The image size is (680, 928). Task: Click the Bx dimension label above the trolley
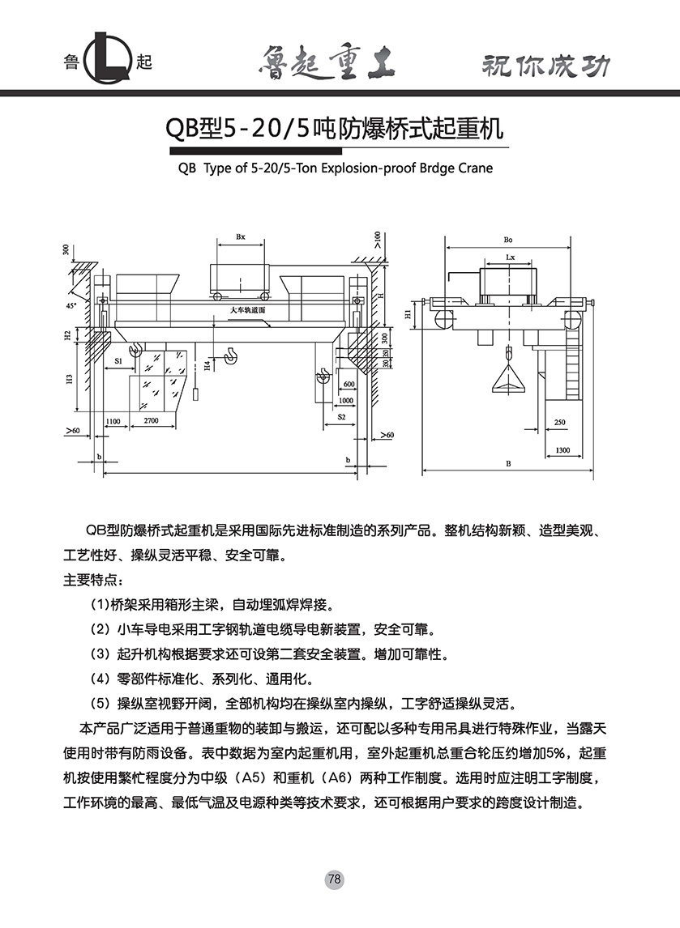point(241,237)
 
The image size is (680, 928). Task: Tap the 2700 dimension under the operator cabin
point(151,422)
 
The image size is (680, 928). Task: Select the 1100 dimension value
point(112,422)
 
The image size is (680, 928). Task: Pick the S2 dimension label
point(341,416)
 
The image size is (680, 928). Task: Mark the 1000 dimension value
point(346,400)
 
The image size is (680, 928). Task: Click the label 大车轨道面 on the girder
point(248,310)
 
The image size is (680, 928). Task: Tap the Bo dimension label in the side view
point(508,240)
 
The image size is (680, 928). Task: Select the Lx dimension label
point(510,257)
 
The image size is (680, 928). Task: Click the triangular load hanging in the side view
point(508,383)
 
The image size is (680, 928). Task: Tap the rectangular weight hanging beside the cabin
point(195,394)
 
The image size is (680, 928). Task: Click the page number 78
point(336,879)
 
